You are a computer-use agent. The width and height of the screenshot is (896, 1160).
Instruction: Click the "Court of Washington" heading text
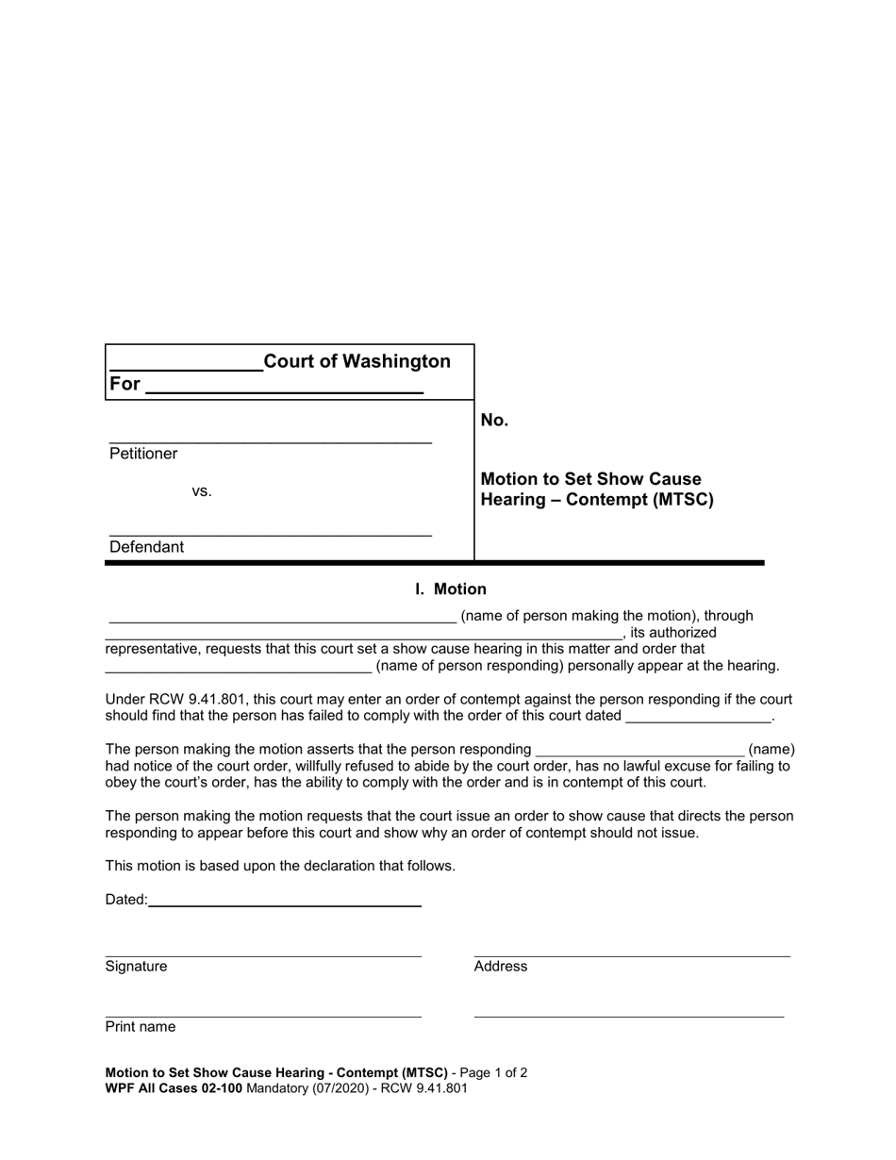[x=357, y=361]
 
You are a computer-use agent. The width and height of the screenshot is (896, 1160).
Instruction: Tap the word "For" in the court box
[x=124, y=384]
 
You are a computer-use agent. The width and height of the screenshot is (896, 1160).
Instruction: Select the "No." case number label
[x=494, y=421]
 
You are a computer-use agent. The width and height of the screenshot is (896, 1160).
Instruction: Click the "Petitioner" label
[x=143, y=454]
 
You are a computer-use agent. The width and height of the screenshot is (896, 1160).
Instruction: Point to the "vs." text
[x=202, y=491]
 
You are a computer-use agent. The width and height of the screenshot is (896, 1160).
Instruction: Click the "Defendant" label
[x=147, y=547]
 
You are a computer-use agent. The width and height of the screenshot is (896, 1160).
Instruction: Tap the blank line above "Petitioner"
[x=271, y=440]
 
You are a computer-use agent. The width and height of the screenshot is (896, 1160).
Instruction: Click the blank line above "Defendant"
[x=271, y=534]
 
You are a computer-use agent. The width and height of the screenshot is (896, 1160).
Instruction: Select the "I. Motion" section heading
[x=451, y=589]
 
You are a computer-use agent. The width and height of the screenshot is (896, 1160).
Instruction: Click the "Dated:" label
[x=126, y=900]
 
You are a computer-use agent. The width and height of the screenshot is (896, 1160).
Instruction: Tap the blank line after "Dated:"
[x=285, y=903]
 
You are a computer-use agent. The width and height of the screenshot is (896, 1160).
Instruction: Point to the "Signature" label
[x=136, y=967]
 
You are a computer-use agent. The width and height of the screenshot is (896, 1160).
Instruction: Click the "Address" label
[x=501, y=967]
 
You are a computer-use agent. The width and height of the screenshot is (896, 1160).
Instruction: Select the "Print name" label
[x=141, y=1027]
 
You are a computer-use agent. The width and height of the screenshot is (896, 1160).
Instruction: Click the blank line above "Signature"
[x=263, y=954]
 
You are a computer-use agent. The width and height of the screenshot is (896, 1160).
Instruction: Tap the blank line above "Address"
[x=632, y=954]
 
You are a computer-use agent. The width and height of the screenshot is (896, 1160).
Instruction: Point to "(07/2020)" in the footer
[x=324, y=1088]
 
